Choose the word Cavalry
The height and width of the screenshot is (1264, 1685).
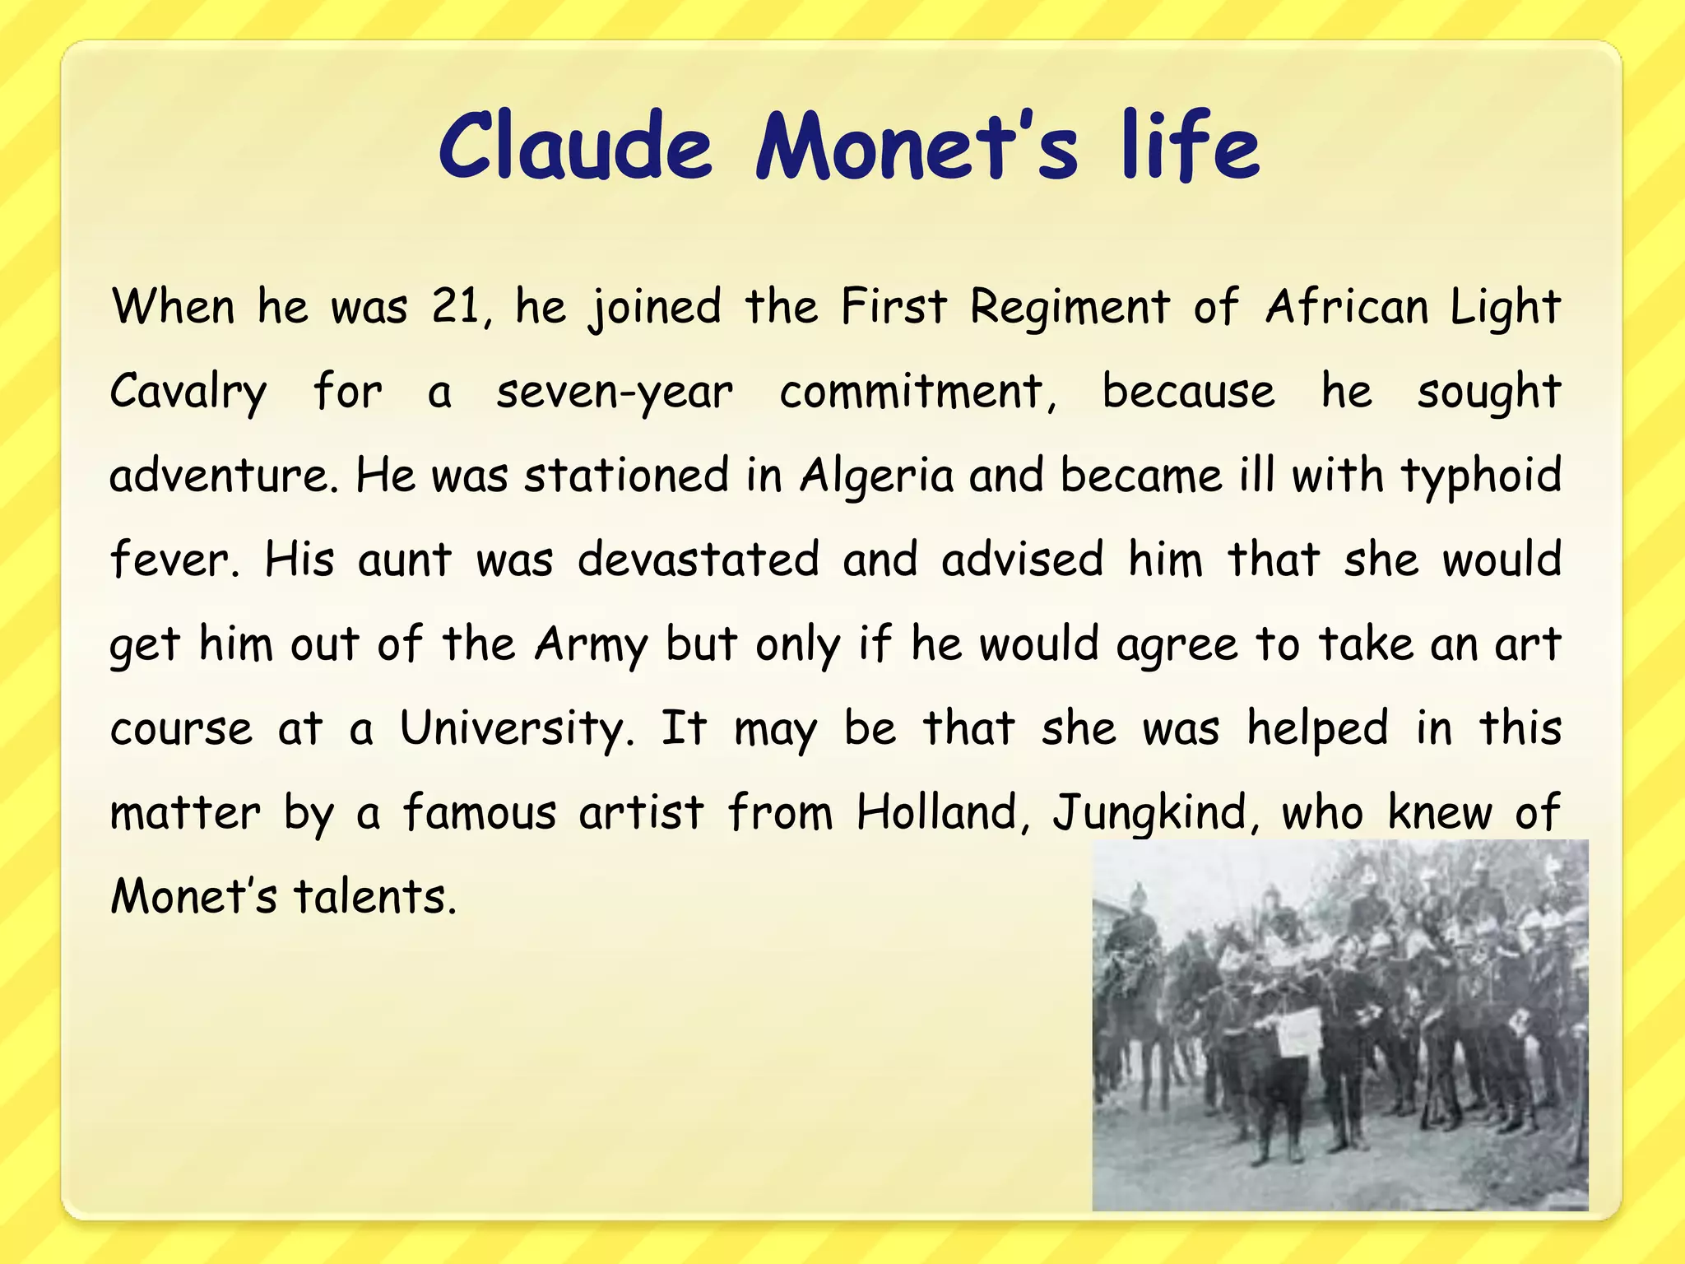188,393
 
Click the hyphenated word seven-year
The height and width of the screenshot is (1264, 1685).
614,393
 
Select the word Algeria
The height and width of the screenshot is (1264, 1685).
876,477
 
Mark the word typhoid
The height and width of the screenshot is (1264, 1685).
1481,477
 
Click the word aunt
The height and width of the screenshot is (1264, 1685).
405,560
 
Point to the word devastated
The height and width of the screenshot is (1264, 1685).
698,560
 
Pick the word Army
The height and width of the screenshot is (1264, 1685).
591,645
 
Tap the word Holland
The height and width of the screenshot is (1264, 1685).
938,813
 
